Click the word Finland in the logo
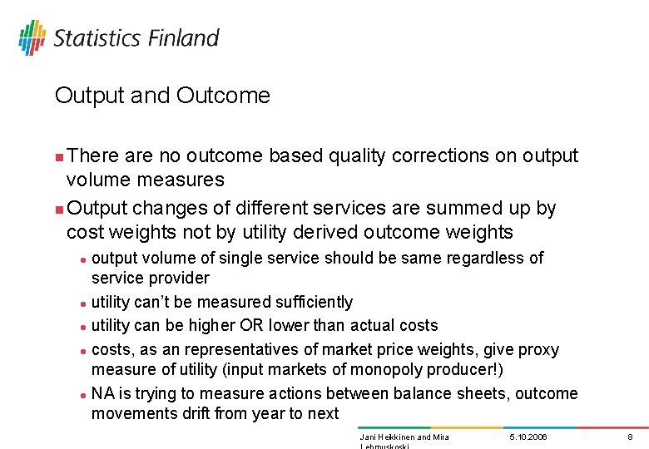pos(184,38)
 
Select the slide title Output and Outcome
pos(162,96)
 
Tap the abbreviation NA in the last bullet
pos(103,393)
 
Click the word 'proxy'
pos(539,349)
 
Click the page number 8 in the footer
pos(631,437)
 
